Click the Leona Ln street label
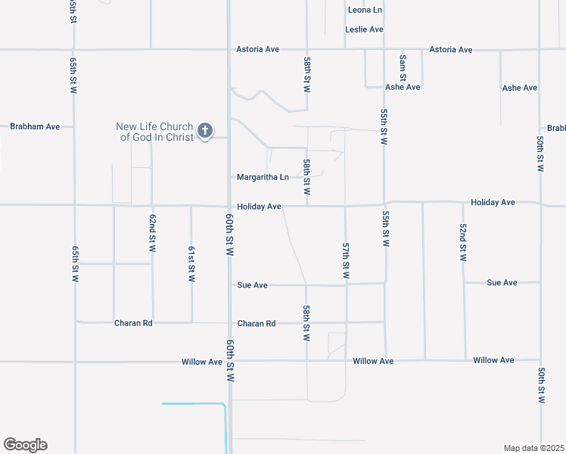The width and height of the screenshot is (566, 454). tap(365, 10)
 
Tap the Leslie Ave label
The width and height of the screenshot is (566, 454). tap(364, 30)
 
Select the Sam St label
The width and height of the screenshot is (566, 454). tap(403, 67)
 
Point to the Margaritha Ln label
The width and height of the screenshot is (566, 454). tap(263, 178)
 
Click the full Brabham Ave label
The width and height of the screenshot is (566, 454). tap(35, 126)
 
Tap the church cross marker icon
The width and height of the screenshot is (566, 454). tap(204, 132)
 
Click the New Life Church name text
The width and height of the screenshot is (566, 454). tap(154, 132)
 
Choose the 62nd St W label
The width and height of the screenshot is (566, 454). tap(152, 233)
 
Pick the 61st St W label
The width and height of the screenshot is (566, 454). tap(191, 264)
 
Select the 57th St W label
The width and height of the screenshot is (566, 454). tap(345, 261)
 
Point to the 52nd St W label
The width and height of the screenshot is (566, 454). tap(463, 242)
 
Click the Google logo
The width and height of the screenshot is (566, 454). tap(25, 445)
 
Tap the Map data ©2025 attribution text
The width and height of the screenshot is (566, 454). tap(533, 448)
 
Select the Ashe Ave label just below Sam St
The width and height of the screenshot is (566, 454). tap(403, 88)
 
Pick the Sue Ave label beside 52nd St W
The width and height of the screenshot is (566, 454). tap(502, 283)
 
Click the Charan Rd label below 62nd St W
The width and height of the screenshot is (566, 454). tap(133, 323)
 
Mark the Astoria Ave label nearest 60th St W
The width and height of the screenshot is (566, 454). tap(258, 49)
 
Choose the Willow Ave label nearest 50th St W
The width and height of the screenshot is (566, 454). tap(493, 361)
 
